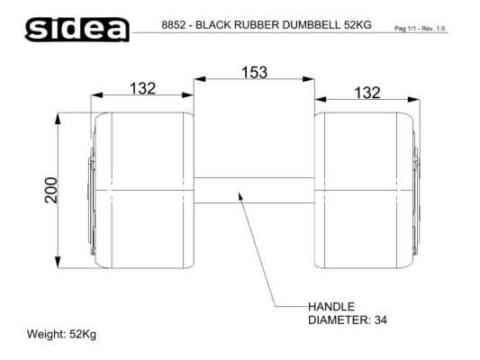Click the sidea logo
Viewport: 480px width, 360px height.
(77, 30)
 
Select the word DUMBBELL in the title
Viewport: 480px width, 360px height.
(311, 25)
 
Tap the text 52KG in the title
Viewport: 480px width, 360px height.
(358, 25)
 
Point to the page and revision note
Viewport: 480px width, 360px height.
(420, 29)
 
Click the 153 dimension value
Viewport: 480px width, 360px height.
(254, 73)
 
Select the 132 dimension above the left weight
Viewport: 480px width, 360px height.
(142, 89)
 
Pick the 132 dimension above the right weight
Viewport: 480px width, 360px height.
(367, 93)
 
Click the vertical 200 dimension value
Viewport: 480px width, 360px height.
(50, 190)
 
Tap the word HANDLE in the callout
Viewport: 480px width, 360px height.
(331, 307)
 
